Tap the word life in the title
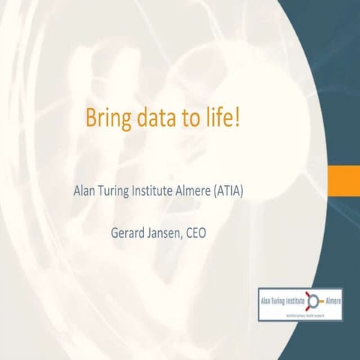(x=221, y=118)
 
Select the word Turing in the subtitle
(x=118, y=190)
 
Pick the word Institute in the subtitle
(x=160, y=190)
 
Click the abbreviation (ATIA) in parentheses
(x=243, y=190)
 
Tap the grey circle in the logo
(x=313, y=301)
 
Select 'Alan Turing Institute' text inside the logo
(x=281, y=301)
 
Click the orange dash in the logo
(x=320, y=301)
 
